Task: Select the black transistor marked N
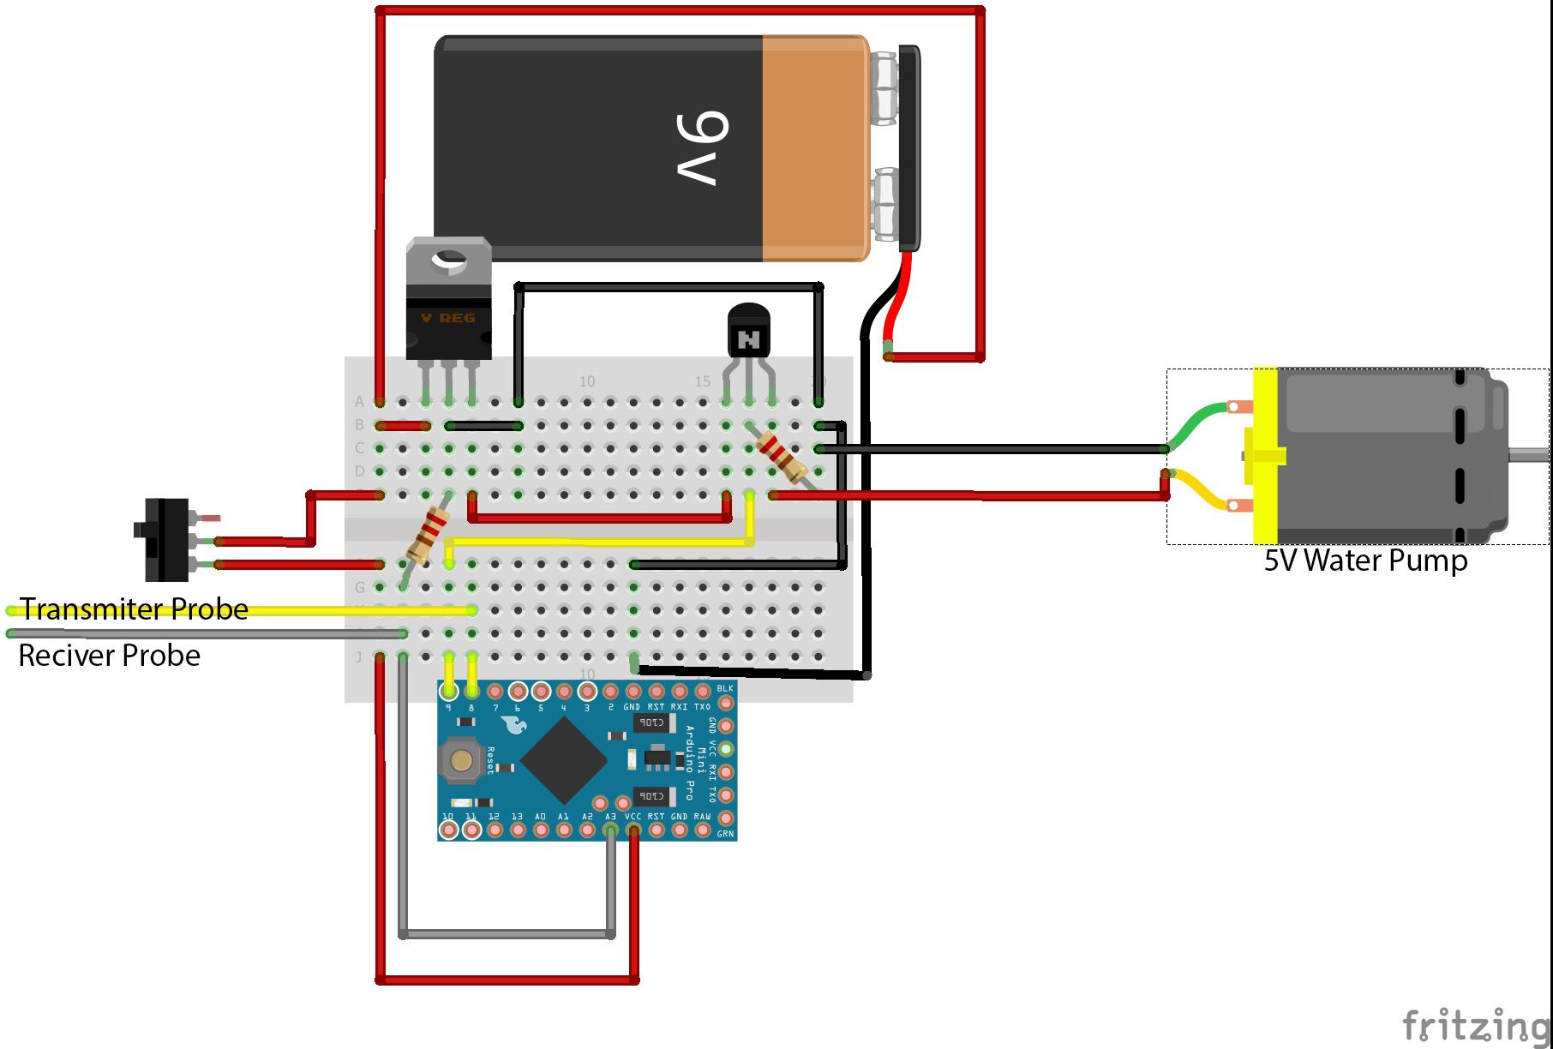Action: point(749,334)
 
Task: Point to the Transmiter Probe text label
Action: point(135,608)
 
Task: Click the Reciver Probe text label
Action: point(110,656)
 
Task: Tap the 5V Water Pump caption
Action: point(1365,560)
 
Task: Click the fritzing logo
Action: point(1475,1025)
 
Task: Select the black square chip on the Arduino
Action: point(564,760)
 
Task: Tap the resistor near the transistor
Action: point(781,455)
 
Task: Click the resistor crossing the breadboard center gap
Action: point(427,534)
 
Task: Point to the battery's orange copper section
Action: point(814,147)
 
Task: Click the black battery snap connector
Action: point(908,147)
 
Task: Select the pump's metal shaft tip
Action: point(1534,455)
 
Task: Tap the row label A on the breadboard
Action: point(360,401)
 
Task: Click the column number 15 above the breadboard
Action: point(702,381)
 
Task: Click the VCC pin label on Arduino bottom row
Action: point(633,817)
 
